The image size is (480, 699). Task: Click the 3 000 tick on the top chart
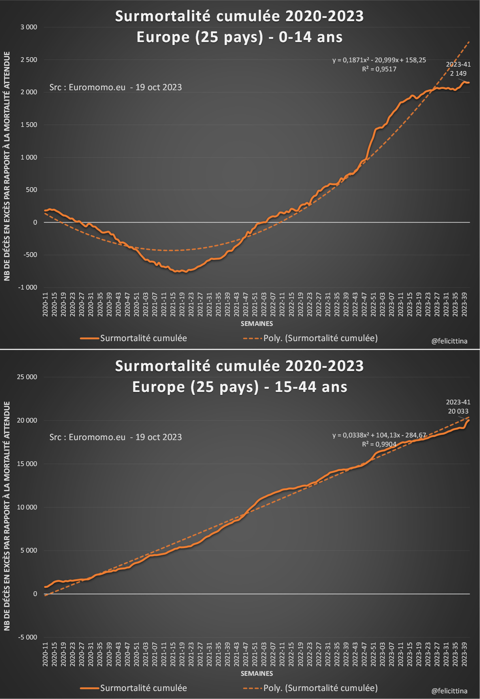tap(29, 27)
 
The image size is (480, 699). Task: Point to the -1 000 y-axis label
tap(27, 288)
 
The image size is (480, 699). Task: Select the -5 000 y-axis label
tap(27, 637)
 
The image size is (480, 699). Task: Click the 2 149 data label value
tap(458, 74)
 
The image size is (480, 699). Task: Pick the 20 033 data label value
tap(458, 411)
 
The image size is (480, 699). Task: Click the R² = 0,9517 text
tap(379, 69)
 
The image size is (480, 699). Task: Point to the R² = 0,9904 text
tap(379, 444)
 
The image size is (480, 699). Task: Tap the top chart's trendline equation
tap(379, 60)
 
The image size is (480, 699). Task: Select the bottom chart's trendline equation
tap(379, 435)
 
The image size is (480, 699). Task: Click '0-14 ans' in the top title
tap(310, 37)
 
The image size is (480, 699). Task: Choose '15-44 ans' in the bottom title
tap(311, 387)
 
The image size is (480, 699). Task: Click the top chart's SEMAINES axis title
tap(256, 324)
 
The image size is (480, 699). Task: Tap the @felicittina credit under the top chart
tap(449, 342)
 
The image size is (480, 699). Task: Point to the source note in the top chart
tap(115, 88)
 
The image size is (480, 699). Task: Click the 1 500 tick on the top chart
tap(29, 125)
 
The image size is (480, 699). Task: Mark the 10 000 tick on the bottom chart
tap(27, 507)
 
